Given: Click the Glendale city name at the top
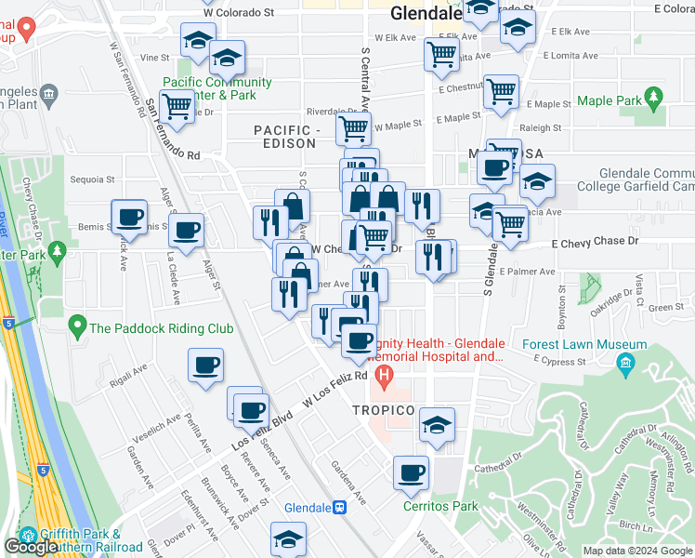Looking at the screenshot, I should pos(426,14).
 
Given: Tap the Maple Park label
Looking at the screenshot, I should pos(610,100).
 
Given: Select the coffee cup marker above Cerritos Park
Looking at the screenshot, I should pos(410,472).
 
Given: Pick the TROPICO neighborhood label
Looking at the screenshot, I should pos(383,410).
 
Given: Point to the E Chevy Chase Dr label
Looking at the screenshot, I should pos(595,242).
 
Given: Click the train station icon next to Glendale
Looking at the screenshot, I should pos(341,508).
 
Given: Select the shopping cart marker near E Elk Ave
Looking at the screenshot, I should pos(442,53).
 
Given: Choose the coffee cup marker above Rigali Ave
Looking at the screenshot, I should pos(205,365).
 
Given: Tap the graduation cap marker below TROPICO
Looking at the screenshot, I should pos(437,424).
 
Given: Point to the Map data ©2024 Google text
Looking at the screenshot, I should pos(636,551).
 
